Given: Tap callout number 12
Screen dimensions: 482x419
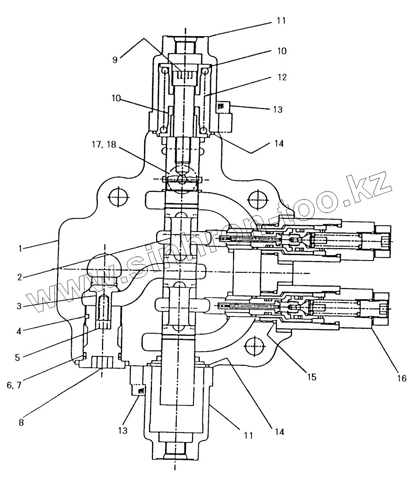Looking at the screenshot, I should [281, 78].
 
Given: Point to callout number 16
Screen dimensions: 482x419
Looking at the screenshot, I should [402, 378].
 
